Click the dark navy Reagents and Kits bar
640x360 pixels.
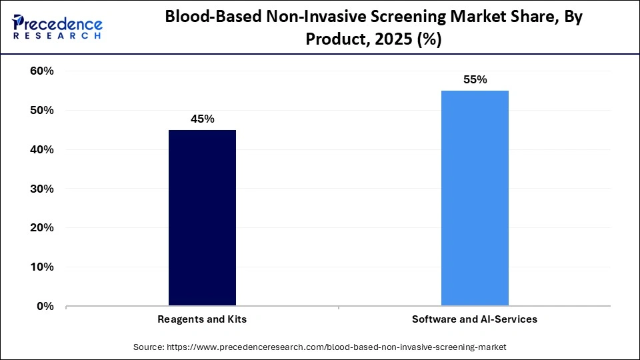point(202,218)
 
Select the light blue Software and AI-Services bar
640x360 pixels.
point(475,198)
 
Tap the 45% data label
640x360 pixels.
point(202,119)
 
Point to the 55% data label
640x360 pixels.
point(475,80)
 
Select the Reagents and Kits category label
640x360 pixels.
point(202,319)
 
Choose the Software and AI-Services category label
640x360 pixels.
point(475,319)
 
